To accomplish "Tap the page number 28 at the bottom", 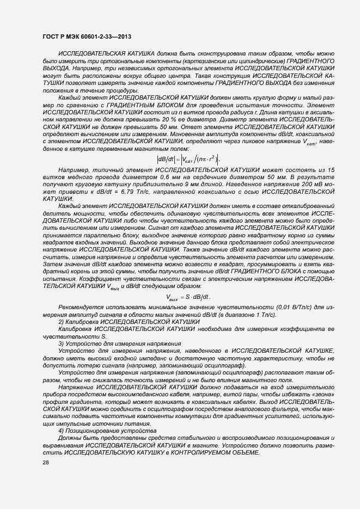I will point(45,462).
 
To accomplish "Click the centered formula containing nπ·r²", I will point(187,160).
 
